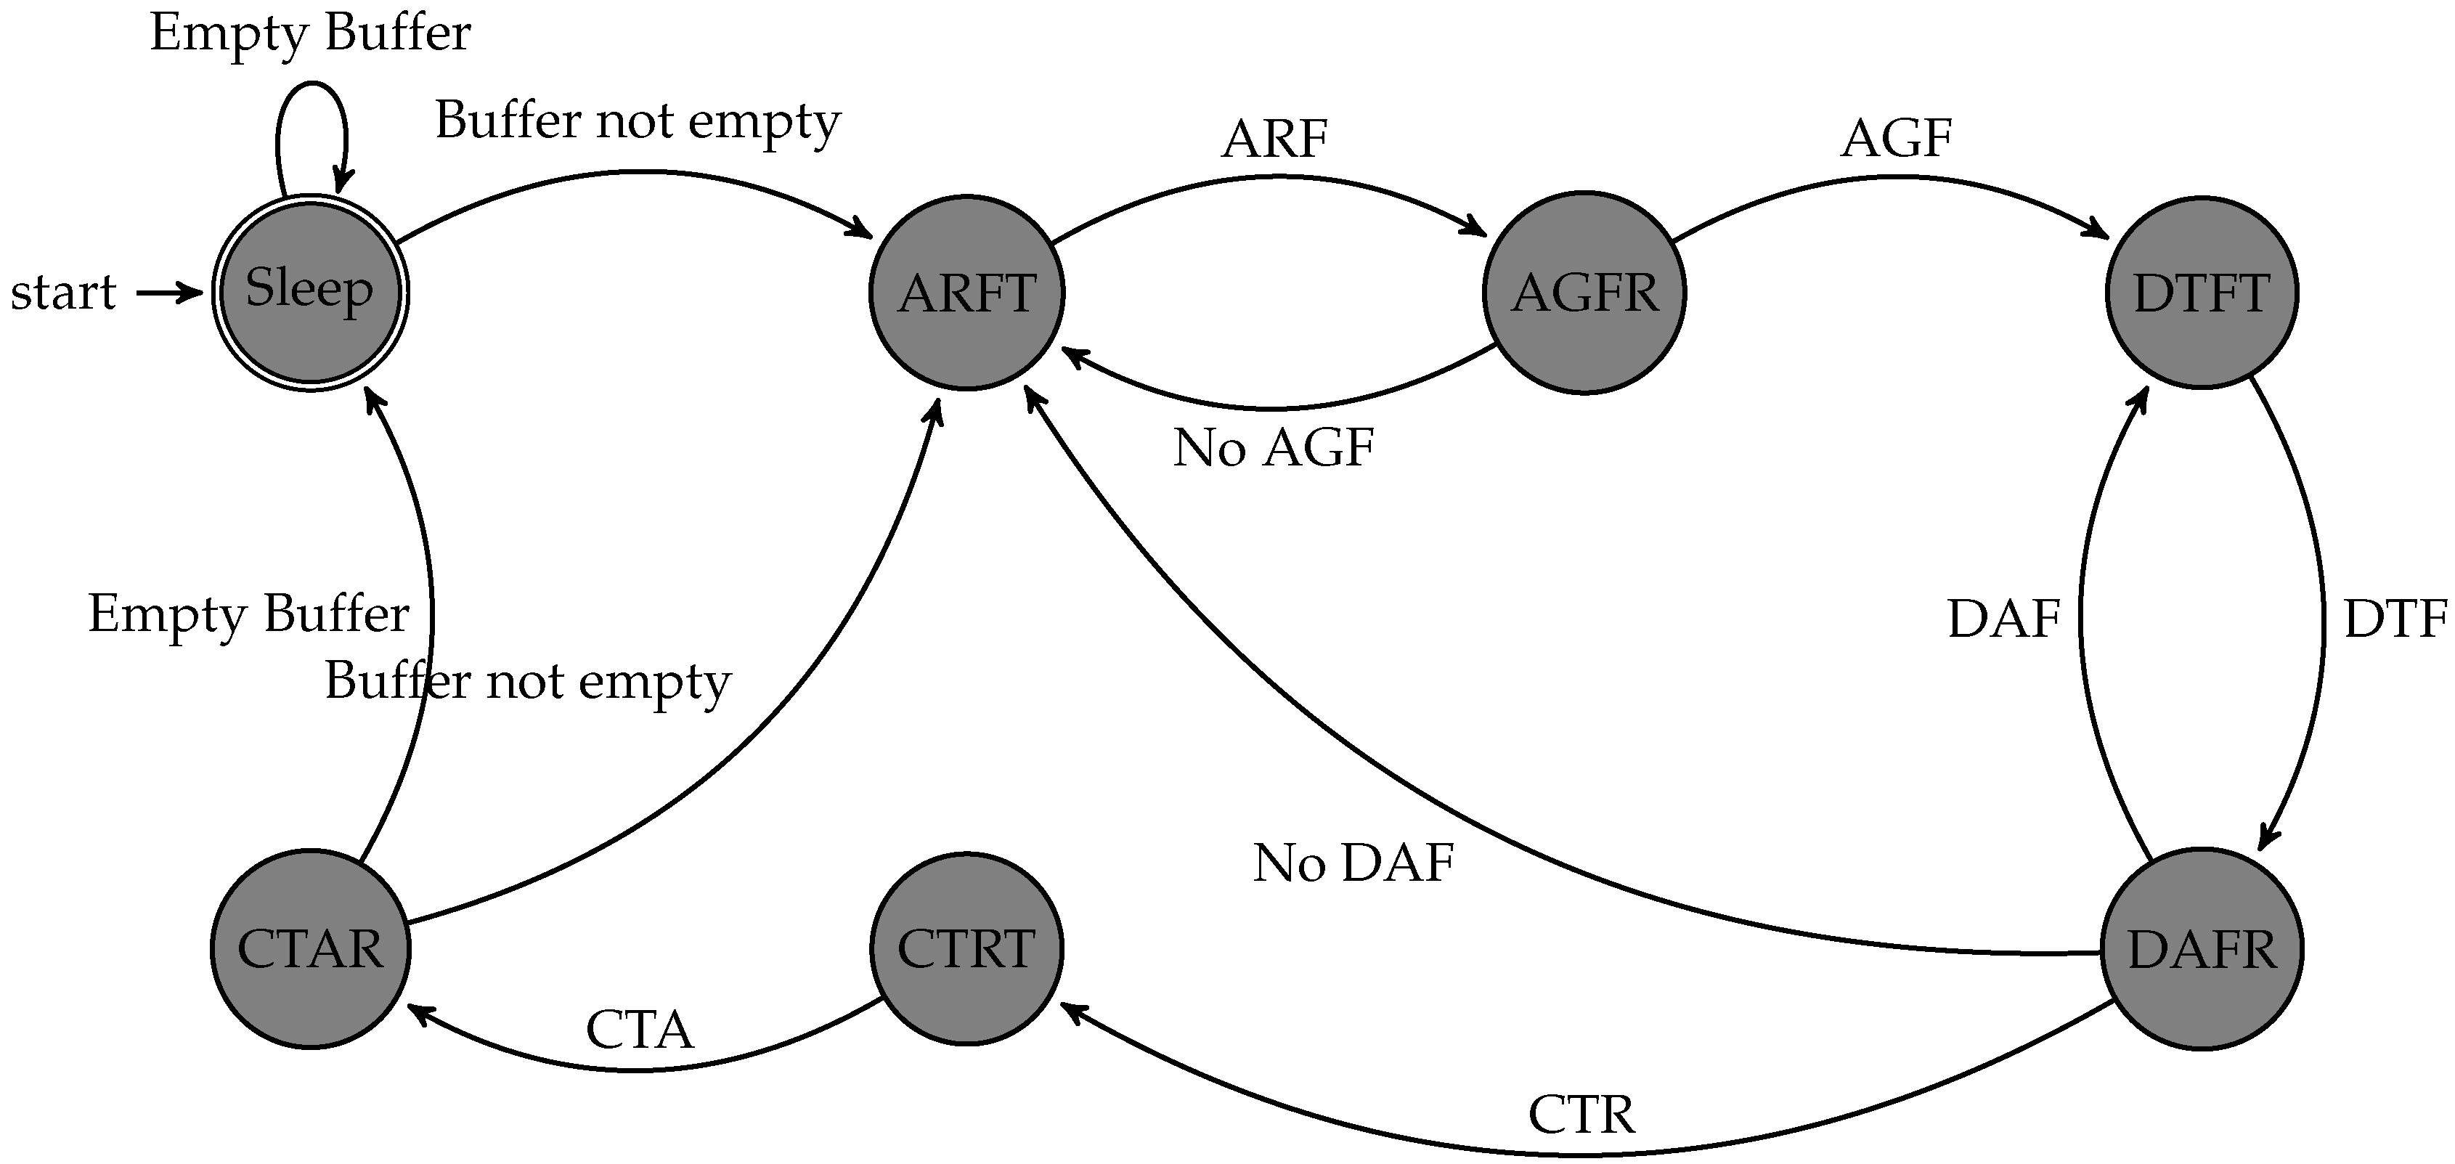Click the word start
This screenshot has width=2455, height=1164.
pyautogui.click(x=63, y=292)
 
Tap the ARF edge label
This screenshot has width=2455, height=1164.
pyautogui.click(x=1274, y=139)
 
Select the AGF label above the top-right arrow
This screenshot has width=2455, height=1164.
pyautogui.click(x=1897, y=139)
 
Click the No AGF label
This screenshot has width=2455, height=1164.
pyautogui.click(x=1274, y=447)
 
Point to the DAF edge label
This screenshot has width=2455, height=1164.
pyautogui.click(x=2003, y=619)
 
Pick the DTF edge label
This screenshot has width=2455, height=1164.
pyautogui.click(x=2395, y=619)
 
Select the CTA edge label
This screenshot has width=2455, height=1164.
pyautogui.click(x=640, y=1030)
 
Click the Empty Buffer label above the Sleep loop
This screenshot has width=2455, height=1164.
pyautogui.click(x=310, y=33)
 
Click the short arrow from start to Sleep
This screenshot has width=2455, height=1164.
pyautogui.click(x=170, y=293)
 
